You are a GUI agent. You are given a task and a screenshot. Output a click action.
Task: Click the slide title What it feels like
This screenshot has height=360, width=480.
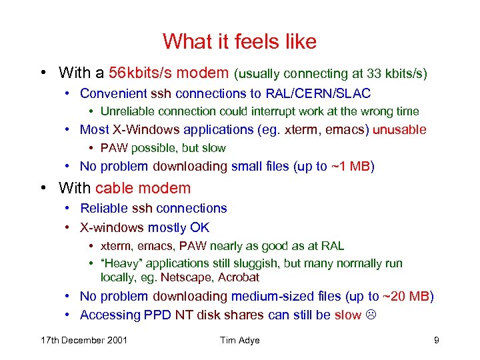tap(239, 41)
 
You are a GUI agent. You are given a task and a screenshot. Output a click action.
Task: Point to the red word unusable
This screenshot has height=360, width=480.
tap(399, 129)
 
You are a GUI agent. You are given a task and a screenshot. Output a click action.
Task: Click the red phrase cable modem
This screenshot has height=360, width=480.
tap(143, 189)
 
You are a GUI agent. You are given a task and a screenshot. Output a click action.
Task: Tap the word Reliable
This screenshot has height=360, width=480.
tap(104, 209)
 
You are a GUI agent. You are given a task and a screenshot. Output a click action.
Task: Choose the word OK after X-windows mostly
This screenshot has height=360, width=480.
tap(199, 227)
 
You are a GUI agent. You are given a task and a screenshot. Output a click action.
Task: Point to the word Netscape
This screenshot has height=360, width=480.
tap(179, 277)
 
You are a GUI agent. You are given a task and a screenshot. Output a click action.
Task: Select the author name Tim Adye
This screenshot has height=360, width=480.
tap(239, 340)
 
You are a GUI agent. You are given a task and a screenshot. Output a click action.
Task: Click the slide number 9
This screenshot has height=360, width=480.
tap(436, 340)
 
